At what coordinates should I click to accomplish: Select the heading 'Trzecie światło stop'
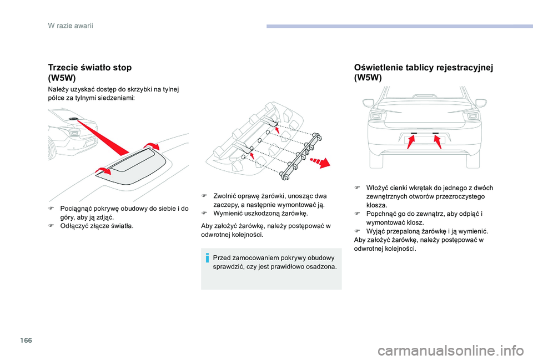point(90,67)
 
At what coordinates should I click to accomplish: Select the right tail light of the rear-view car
point(471,116)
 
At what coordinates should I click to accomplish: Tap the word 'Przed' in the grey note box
point(222,258)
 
